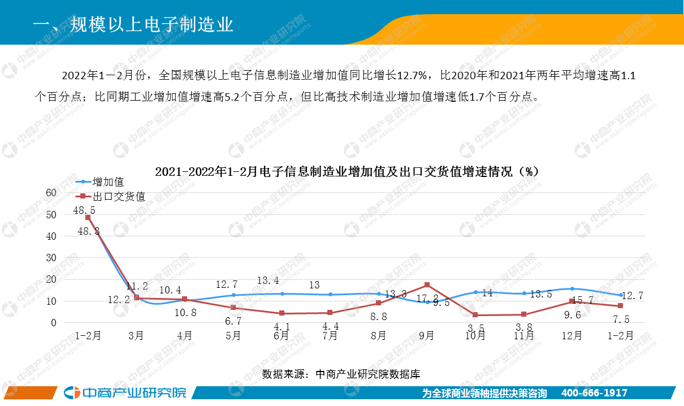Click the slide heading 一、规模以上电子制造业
[x=133, y=25]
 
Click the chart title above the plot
[x=347, y=171]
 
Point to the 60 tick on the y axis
[x=51, y=193]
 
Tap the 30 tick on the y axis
[x=51, y=258]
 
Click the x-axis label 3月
[x=136, y=335]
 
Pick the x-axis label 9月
[x=427, y=335]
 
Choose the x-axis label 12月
[x=572, y=335]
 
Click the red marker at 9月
[x=427, y=285]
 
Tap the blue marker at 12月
[x=572, y=289]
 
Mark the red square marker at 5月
[x=233, y=308]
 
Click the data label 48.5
[x=84, y=210]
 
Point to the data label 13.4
[x=268, y=281]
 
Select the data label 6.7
[x=233, y=321]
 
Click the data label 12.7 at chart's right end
[x=632, y=295]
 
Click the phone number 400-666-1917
[x=594, y=393]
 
